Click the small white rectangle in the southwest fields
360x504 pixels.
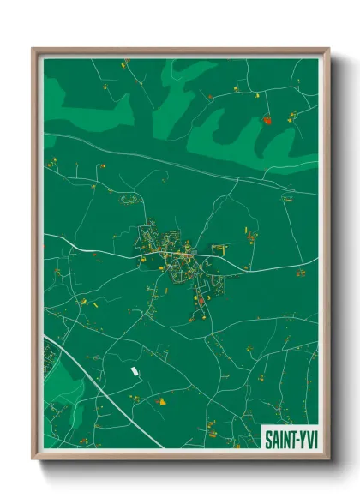click(134, 372)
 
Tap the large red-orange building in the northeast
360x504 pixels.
click(267, 121)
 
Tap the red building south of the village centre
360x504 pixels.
click(201, 300)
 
